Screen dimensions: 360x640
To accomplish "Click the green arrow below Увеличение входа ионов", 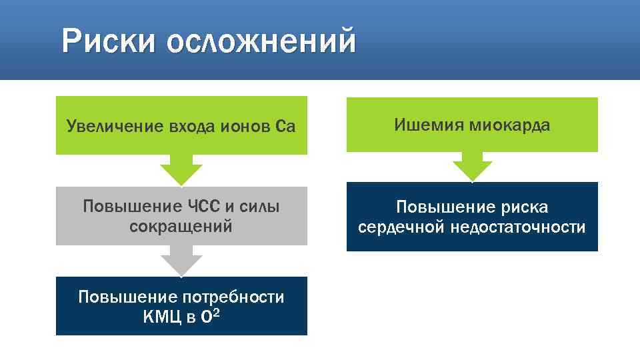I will point(181,170).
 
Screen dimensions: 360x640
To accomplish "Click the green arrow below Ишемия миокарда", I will point(472,168).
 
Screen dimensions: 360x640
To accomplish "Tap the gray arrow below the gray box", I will point(181,261).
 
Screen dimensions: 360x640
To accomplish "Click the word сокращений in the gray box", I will point(181,226).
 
